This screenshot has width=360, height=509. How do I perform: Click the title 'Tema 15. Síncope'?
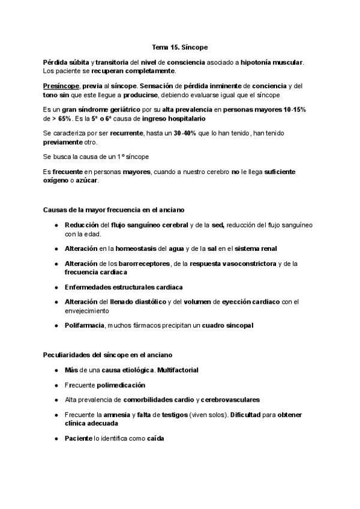(179, 46)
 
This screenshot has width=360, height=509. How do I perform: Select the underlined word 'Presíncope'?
(60, 86)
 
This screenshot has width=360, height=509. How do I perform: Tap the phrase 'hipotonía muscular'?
(274, 62)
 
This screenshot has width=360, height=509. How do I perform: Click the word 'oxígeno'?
(56, 181)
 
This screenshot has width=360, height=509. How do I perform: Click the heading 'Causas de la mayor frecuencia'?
(114, 209)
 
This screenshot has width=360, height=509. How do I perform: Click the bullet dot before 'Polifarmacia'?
(56, 325)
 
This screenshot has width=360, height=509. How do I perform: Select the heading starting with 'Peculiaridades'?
(108, 354)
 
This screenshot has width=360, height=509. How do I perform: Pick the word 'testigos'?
(169, 415)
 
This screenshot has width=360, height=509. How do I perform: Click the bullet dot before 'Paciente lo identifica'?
(56, 438)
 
